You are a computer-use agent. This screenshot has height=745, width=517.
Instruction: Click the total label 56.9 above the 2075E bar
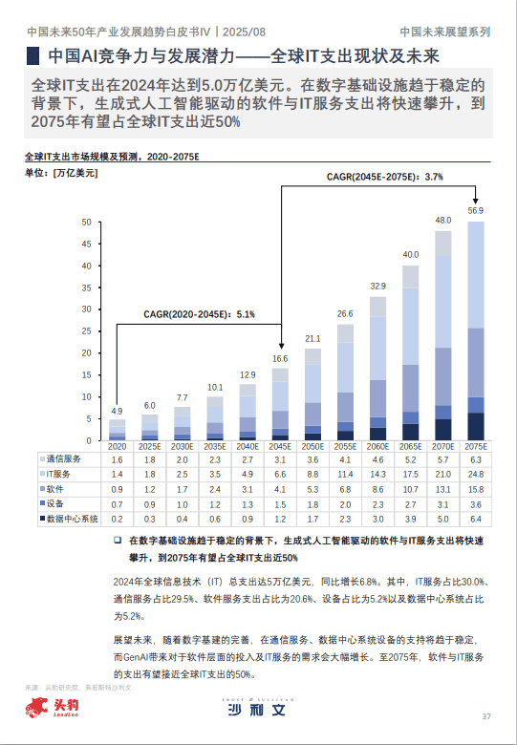[475, 210]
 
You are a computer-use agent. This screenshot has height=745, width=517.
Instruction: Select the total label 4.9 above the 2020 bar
[117, 411]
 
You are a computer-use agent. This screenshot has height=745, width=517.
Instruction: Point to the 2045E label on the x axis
[280, 447]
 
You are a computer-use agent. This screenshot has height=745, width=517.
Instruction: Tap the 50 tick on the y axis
[86, 222]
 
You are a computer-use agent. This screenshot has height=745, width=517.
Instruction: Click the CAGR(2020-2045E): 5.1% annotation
[199, 313]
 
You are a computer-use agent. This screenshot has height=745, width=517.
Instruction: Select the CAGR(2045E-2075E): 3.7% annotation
[385, 177]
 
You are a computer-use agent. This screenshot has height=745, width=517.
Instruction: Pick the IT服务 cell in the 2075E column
[475, 474]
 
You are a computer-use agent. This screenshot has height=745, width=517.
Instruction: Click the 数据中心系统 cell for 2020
[117, 519]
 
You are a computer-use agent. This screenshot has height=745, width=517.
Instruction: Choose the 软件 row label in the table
[56, 489]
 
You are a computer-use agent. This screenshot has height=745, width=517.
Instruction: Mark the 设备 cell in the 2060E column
[377, 503]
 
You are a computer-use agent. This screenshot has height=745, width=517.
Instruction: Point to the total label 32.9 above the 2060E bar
[377, 286]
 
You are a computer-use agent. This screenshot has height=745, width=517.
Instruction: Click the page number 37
[485, 716]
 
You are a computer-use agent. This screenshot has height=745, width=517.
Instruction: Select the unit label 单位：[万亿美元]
[61, 173]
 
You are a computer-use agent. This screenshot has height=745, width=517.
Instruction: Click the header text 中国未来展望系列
[444, 31]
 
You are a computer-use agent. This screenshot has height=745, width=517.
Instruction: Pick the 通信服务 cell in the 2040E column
[248, 459]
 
